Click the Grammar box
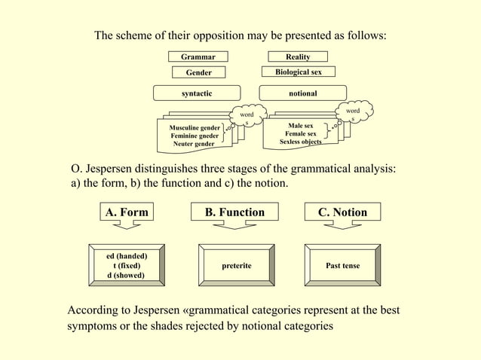[198, 56]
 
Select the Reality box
[298, 56]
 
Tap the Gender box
[199, 72]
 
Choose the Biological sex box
[298, 72]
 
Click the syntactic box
[197, 93]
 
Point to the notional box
[302, 93]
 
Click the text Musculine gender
[195, 127]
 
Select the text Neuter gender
[193, 143]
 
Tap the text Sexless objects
[300, 141]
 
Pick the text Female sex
[300, 133]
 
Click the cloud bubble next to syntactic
[246, 115]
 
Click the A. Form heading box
[127, 212]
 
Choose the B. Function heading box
[234, 212]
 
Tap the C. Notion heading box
[342, 212]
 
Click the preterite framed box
[236, 266]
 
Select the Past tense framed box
[342, 266]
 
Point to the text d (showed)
[125, 275]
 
